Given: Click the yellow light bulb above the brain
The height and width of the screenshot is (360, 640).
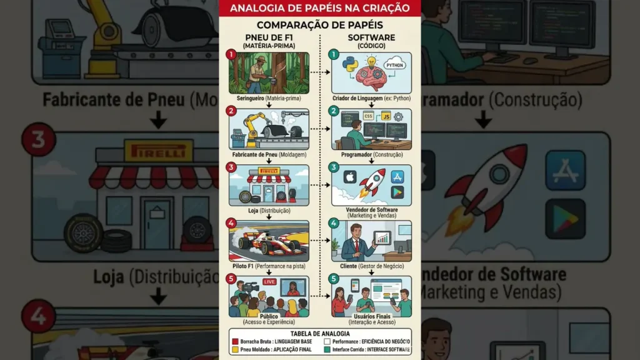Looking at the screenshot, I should [371, 63].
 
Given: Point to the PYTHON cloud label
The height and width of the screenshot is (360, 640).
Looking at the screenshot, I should [395, 65].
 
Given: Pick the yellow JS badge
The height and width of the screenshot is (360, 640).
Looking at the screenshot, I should [386, 116].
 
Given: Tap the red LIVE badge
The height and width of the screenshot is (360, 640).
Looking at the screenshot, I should [269, 282].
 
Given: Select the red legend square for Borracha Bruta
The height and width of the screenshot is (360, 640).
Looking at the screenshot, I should [235, 342].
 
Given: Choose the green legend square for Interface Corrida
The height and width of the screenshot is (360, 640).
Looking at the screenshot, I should [327, 351].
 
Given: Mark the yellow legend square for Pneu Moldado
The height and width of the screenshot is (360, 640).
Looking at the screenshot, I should [235, 351].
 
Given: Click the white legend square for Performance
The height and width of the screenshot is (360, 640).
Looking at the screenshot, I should [327, 342].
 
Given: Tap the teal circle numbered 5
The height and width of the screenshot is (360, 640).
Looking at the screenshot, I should [334, 279].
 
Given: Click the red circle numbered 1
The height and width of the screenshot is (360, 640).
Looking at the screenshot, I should [231, 55].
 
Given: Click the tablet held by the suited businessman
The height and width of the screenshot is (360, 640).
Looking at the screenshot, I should [381, 238].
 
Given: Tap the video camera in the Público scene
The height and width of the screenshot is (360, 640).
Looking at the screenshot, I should [251, 287].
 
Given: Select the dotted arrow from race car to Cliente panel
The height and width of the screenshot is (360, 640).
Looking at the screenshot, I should [320, 241].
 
